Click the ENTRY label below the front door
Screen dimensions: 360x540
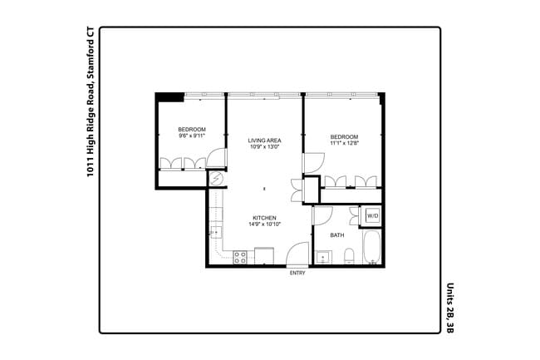pos(297,273)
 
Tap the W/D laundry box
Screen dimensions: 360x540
pos(372,216)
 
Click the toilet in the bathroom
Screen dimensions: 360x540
pos(350,255)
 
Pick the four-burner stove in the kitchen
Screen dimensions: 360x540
pos(239,258)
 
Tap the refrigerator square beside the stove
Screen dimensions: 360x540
pos(264,256)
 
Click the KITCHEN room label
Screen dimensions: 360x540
pos(264,218)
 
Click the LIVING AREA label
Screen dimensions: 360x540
pos(264,141)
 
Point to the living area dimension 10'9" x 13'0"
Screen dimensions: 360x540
pos(264,148)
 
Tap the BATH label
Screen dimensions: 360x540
pos(336,235)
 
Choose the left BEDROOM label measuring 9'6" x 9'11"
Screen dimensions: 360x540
pos(192,130)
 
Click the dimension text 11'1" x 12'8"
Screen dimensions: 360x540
pos(343,144)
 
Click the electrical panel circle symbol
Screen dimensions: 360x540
pos(216,179)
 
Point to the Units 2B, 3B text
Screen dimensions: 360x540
pos(450,307)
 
